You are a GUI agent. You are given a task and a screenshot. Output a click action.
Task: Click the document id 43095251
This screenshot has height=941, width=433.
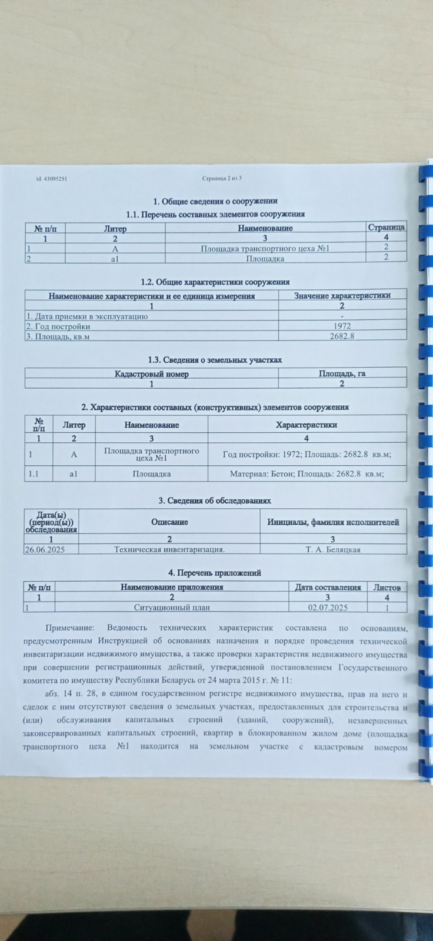pos(52,178)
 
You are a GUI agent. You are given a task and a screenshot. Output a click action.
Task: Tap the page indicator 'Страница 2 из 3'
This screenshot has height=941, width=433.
pos(222,178)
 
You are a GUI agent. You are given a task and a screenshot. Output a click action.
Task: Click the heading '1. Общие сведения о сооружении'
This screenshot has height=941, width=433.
pos(215,201)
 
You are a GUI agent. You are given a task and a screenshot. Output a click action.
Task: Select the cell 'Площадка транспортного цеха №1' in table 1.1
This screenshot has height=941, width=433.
pos(265,248)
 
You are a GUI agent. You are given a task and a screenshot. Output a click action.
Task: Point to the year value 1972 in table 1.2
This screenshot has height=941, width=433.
pos(342,326)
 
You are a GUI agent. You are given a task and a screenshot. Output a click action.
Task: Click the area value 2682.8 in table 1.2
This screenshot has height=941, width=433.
pos(342,336)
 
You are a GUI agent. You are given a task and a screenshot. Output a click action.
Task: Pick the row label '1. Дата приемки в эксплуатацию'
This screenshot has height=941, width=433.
pos(86,316)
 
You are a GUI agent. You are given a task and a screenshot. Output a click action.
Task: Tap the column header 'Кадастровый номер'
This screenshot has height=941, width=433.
pos(152,373)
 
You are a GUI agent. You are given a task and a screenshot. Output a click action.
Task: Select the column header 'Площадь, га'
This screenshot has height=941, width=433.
pos(342,373)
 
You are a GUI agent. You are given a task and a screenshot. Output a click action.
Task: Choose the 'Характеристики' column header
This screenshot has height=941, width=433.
pos(307,424)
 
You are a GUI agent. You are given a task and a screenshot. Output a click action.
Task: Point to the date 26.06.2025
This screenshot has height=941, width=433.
pos(44,549)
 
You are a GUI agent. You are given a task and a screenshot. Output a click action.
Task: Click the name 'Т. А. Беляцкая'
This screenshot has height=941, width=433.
pos(333,549)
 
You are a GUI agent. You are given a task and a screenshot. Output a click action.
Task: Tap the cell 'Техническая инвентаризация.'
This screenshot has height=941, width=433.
pos(169,549)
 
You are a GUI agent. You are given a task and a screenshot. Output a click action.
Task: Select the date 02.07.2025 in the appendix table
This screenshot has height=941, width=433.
pos(328,608)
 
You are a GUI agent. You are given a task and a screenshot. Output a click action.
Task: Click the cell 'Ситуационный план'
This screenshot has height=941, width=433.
pos(172,608)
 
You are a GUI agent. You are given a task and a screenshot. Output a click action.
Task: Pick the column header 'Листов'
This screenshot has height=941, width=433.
pos(387,587)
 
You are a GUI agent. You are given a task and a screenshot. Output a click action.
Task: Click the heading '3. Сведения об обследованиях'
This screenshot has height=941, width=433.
pos(215,500)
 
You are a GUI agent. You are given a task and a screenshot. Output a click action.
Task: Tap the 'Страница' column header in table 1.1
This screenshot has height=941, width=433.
pos(386,227)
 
